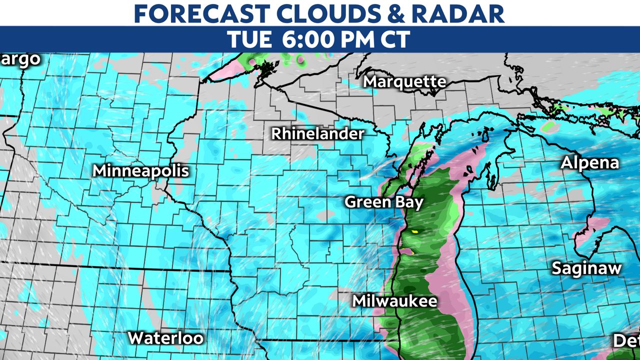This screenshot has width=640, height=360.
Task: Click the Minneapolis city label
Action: tap(141, 170)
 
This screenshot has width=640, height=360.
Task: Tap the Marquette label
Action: tap(404, 81)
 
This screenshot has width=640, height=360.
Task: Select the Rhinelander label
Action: tap(318, 133)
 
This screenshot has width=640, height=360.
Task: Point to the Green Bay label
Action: tap(384, 202)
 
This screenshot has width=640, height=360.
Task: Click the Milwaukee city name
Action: tap(394, 301)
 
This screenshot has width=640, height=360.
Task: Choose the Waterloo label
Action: tap(165, 338)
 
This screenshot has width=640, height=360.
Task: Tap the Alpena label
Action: tap(589, 162)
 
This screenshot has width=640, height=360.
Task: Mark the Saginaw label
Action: tap(586, 268)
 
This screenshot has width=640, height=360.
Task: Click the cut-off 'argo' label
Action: tap(20, 59)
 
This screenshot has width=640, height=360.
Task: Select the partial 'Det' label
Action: tap(626, 341)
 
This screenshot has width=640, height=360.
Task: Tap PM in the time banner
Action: tap(354, 39)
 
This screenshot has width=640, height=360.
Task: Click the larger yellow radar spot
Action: tap(414, 231)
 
